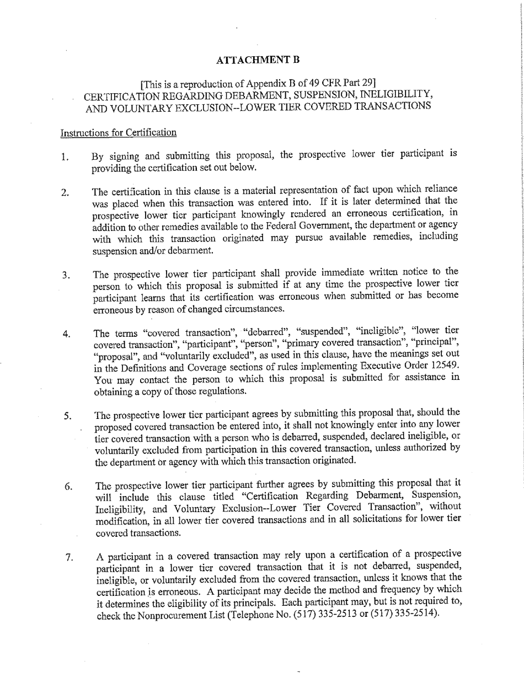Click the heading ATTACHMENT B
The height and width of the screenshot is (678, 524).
258,60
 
